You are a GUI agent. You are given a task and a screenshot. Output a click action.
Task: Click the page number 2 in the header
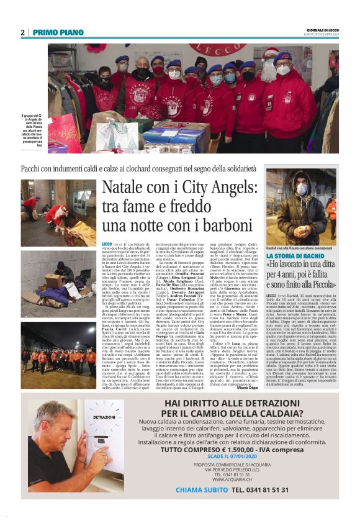click(x=23, y=32)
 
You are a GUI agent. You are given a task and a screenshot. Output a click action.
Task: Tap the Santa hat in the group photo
click(x=271, y=53)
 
